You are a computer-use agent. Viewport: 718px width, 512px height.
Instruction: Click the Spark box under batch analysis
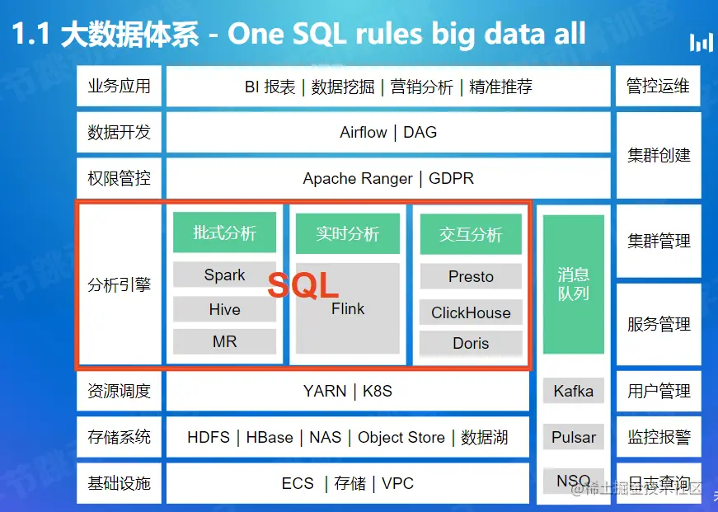pyautogui.click(x=224, y=275)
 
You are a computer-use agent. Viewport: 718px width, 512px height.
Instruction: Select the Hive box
pyautogui.click(x=224, y=309)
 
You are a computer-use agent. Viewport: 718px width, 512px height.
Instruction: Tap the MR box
pyautogui.click(x=224, y=341)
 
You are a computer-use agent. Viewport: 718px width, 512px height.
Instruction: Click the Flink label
pyautogui.click(x=348, y=308)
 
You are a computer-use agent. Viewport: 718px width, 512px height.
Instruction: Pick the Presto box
pyautogui.click(x=471, y=276)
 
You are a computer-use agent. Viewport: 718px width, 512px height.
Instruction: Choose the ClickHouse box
pyautogui.click(x=471, y=312)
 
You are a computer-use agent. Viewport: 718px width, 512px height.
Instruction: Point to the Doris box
pyautogui.click(x=471, y=343)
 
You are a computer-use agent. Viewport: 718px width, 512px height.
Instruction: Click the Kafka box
pyautogui.click(x=573, y=391)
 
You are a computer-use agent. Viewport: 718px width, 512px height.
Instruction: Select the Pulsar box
pyautogui.click(x=573, y=437)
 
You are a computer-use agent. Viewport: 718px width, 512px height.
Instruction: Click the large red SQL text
pyautogui.click(x=303, y=284)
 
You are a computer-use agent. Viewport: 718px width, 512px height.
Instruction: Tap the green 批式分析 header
pyautogui.click(x=224, y=233)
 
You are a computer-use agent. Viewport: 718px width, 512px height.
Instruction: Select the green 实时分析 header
pyautogui.click(x=348, y=233)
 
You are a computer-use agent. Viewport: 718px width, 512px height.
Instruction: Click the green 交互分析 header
pyautogui.click(x=471, y=234)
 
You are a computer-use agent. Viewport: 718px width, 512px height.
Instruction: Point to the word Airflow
pyautogui.click(x=363, y=133)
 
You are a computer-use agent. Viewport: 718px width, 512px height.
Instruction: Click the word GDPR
pyautogui.click(x=451, y=178)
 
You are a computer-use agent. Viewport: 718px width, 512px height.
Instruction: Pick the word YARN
pyautogui.click(x=325, y=391)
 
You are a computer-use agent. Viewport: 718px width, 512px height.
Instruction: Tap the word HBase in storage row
pyautogui.click(x=270, y=437)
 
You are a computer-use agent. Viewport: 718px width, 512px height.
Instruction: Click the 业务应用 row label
pyautogui.click(x=119, y=86)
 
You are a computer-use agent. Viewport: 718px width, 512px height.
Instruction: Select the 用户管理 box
pyautogui.click(x=659, y=391)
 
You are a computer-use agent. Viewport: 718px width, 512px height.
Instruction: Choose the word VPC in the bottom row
pyautogui.click(x=397, y=483)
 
